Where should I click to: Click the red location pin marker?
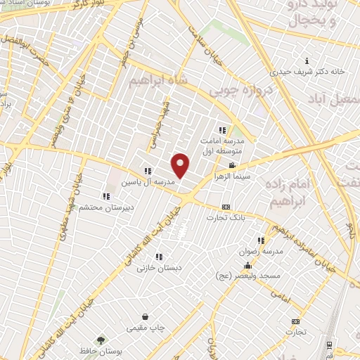(x=181, y=165)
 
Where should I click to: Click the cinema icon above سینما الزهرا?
(x=232, y=165)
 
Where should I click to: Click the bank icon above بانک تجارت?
(x=225, y=207)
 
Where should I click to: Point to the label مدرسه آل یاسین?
(x=148, y=181)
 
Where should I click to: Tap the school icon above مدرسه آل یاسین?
(x=148, y=171)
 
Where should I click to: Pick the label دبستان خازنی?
(x=159, y=267)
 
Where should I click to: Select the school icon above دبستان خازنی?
(x=159, y=257)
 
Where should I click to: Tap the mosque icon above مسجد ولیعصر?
(x=247, y=266)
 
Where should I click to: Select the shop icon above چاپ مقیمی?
(x=145, y=317)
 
